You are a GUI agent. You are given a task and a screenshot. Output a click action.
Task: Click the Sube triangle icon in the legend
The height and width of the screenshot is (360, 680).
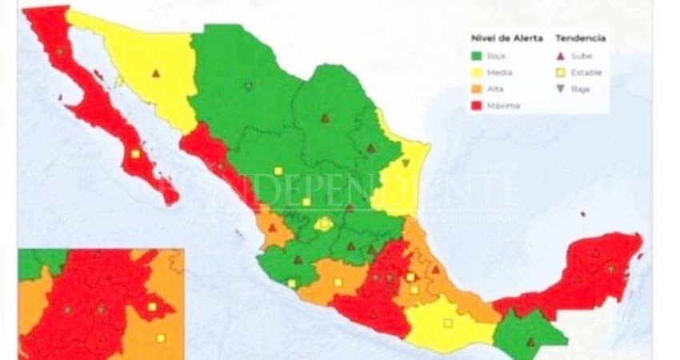coord(561,56)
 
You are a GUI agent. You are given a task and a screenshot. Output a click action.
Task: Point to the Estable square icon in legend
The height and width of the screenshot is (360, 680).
coord(561,73)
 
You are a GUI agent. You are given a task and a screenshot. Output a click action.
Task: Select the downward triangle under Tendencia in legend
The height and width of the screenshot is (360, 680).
coord(561,90)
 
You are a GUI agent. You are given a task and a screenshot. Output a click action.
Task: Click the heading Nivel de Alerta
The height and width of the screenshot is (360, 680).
coord(506,38)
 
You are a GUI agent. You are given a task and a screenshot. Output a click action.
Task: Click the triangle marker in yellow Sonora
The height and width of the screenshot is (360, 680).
coord(156,74)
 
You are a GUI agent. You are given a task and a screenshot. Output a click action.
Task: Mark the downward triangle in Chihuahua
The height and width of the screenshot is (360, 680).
coord(248,86)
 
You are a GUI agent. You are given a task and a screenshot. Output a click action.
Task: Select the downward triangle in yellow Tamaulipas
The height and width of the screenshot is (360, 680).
coord(406,163)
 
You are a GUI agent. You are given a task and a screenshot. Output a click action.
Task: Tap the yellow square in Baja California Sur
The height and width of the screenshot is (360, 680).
coord(135,154)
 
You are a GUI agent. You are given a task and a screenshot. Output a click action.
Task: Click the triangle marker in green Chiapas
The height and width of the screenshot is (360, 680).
coord(530,342)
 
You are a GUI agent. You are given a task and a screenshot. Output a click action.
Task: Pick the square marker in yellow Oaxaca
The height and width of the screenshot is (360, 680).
coord(447,323)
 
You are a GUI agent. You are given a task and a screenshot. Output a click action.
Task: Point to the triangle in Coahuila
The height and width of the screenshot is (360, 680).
coord(325,118)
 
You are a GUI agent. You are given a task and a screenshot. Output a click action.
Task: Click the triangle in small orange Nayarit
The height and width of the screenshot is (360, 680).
coord(272,227)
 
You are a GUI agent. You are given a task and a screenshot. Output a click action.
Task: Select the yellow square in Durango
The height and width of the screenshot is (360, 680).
coord(278,170)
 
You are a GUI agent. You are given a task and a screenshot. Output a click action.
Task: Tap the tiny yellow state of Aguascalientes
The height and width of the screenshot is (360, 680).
coord(323,225)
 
